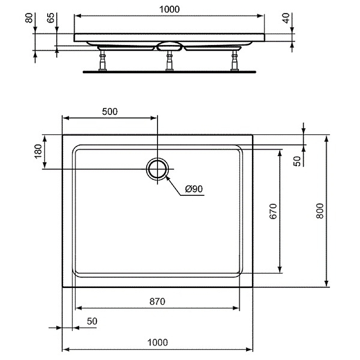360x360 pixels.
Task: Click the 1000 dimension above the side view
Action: tap(169, 9)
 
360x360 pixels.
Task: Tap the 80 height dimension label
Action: tap(29, 18)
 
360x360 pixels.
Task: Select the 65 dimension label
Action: tap(51, 18)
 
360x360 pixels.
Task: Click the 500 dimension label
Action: tap(110, 112)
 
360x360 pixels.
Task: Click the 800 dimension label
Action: tap(320, 211)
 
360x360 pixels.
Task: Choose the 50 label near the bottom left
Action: tap(92, 321)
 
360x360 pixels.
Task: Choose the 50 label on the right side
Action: tap(297, 161)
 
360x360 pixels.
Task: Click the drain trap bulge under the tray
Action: tap(169, 45)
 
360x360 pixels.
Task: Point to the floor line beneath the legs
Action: tap(169, 72)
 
